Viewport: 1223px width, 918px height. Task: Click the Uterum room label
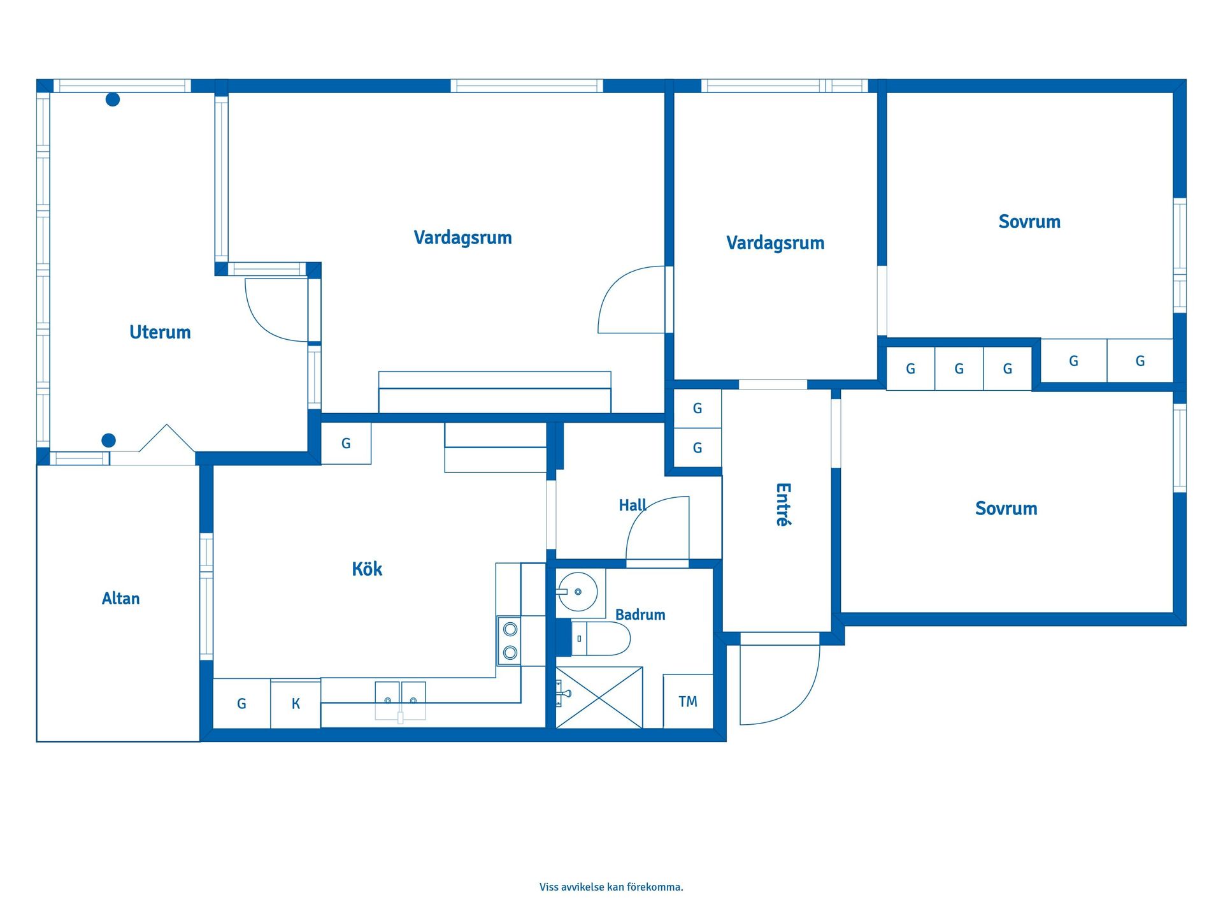(x=160, y=332)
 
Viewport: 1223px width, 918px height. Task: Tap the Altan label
(x=120, y=598)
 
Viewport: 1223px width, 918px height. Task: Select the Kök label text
(x=367, y=569)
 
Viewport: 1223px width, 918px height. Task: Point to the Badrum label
(x=640, y=615)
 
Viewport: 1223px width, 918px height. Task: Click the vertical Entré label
(x=783, y=504)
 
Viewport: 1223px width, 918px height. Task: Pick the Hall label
(x=633, y=506)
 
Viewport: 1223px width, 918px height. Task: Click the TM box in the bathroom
(x=688, y=701)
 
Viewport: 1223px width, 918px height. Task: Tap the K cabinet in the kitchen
(x=296, y=704)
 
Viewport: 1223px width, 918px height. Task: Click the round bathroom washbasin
(x=578, y=592)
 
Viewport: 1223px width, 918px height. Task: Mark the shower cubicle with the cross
(x=599, y=697)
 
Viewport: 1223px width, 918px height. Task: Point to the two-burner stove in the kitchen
(x=510, y=641)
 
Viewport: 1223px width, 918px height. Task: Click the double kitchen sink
(x=400, y=701)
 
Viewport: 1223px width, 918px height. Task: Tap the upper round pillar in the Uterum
(x=113, y=99)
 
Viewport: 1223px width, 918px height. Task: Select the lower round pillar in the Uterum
(x=109, y=441)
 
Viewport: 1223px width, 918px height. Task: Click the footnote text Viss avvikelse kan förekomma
(x=611, y=887)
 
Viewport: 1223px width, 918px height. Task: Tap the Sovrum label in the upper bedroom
(x=1029, y=222)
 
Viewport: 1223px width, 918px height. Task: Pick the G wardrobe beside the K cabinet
(x=241, y=704)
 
